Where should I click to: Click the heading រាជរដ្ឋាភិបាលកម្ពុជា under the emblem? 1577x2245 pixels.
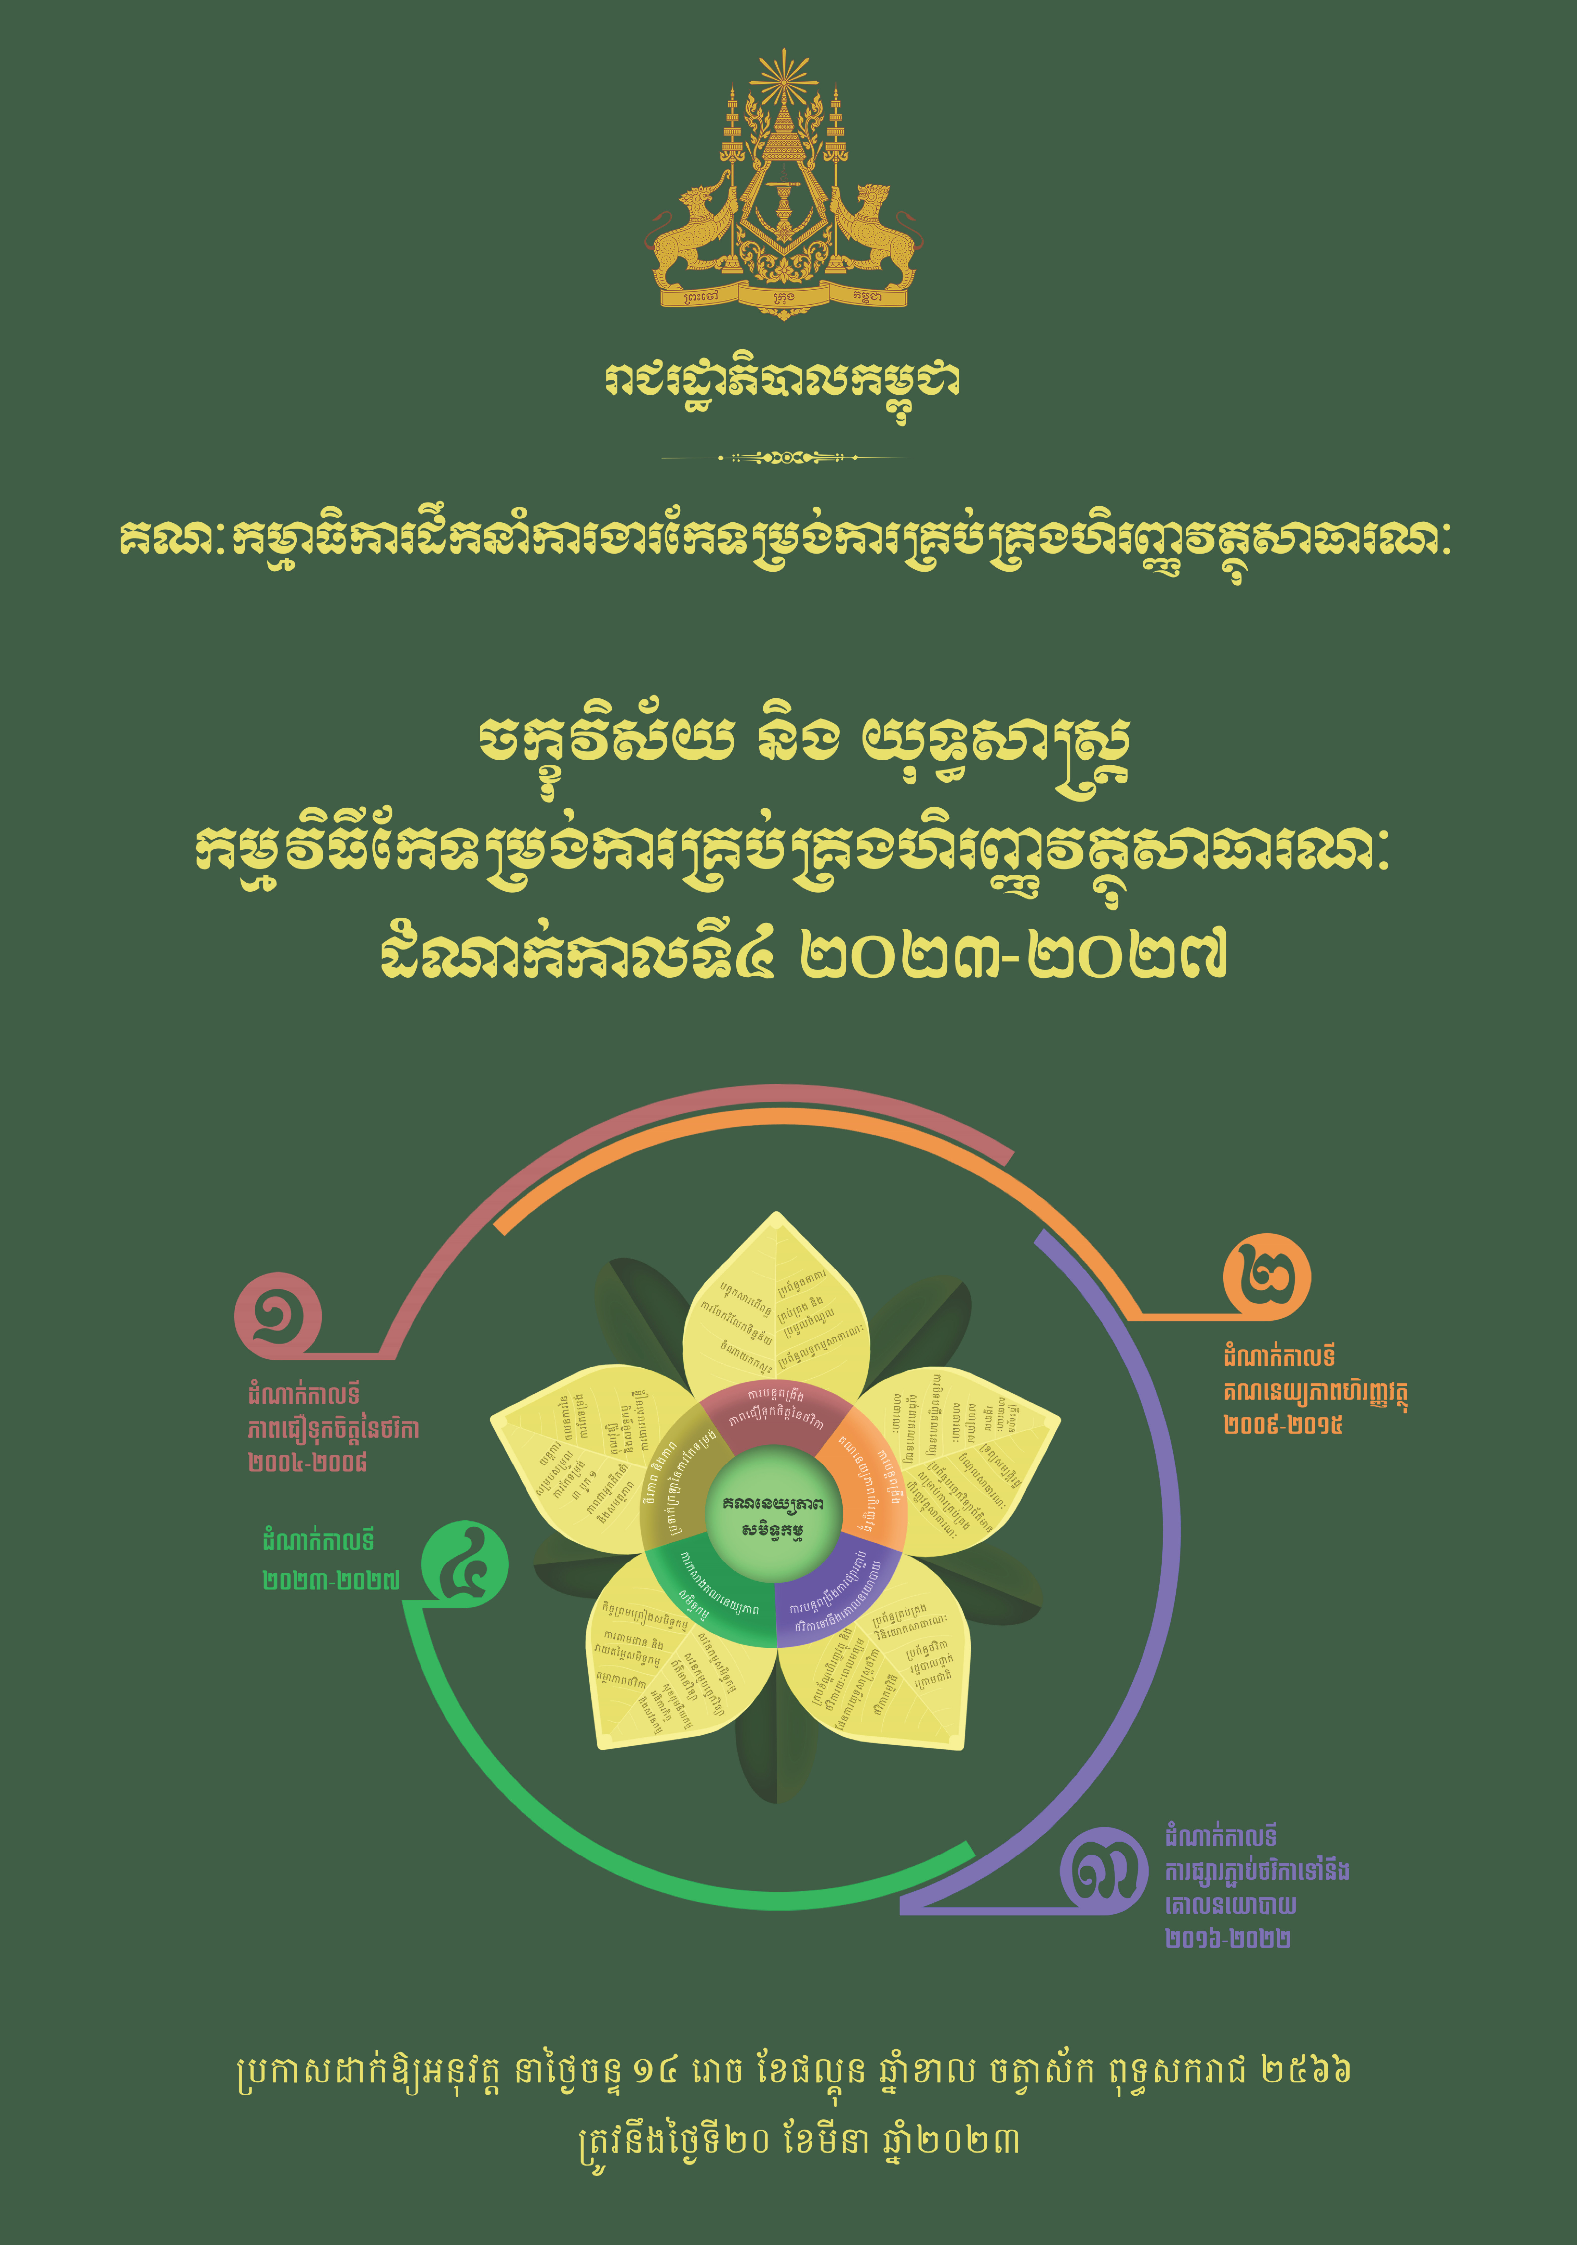click(782, 383)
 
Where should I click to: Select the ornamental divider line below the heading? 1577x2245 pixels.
click(782, 457)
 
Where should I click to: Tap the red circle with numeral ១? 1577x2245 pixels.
click(278, 1315)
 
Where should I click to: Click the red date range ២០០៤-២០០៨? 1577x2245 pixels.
click(308, 1463)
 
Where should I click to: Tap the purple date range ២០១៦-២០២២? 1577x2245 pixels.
click(1228, 1938)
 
